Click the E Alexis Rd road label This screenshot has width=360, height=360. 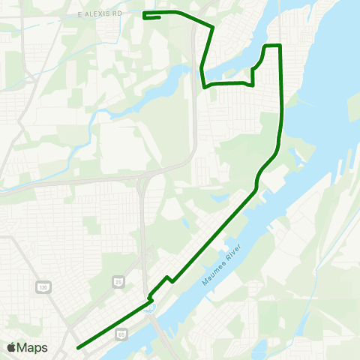pyautogui.click(x=99, y=14)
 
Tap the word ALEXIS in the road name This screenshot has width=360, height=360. pyautogui.click(x=99, y=14)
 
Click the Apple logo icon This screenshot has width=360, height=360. pyautogui.click(x=11, y=347)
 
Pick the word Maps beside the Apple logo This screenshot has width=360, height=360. pyautogui.click(x=32, y=347)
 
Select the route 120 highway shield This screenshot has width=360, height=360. pyautogui.click(x=43, y=287)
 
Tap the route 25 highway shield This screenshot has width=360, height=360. pyautogui.click(x=119, y=281)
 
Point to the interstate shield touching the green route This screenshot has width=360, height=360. pyautogui.click(x=151, y=307)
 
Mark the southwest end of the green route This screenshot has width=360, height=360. pyautogui.click(x=78, y=347)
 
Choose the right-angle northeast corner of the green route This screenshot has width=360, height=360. pyautogui.click(x=280, y=46)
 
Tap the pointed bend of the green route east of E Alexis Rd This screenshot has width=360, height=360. pyautogui.click(x=214, y=28)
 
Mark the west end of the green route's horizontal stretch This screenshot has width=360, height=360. pyautogui.click(x=205, y=87)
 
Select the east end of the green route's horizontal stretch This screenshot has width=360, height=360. pyautogui.click(x=253, y=84)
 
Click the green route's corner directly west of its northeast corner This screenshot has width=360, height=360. pyautogui.click(x=265, y=46)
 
